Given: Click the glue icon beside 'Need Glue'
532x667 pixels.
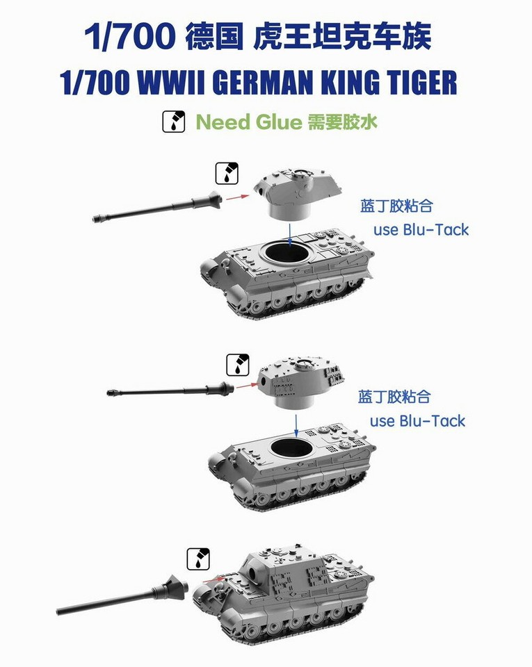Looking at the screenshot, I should point(173,122).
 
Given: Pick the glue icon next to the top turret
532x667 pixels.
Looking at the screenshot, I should point(227,174).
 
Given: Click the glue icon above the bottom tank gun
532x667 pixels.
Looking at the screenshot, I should point(198,559).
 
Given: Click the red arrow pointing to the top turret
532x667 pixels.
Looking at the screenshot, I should point(238,197).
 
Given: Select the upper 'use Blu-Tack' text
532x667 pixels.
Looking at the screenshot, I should point(421,230).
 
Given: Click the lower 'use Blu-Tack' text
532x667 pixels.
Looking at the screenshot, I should point(417,420).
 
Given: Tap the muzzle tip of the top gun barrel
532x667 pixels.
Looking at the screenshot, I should point(97,219).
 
